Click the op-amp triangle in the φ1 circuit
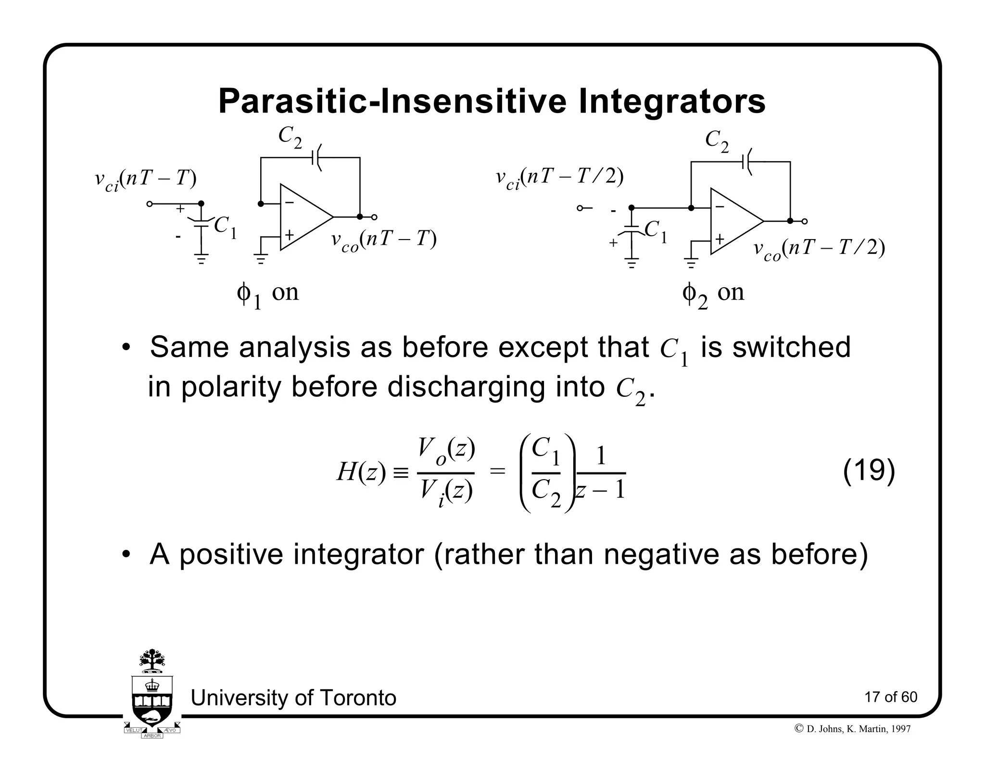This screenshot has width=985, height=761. pos(303,217)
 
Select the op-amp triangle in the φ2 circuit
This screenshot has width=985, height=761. pos(733,221)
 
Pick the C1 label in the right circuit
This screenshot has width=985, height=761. pos(656,231)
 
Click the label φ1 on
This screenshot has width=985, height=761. pos(267,293)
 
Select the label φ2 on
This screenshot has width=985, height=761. pos(713,293)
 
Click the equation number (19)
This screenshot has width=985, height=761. pos(869,470)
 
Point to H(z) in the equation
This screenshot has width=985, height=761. pos(361,472)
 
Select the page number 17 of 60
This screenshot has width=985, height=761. pos(891,697)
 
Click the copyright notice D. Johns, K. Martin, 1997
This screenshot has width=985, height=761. pos(853,729)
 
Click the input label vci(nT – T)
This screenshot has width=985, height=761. pos(146,180)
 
